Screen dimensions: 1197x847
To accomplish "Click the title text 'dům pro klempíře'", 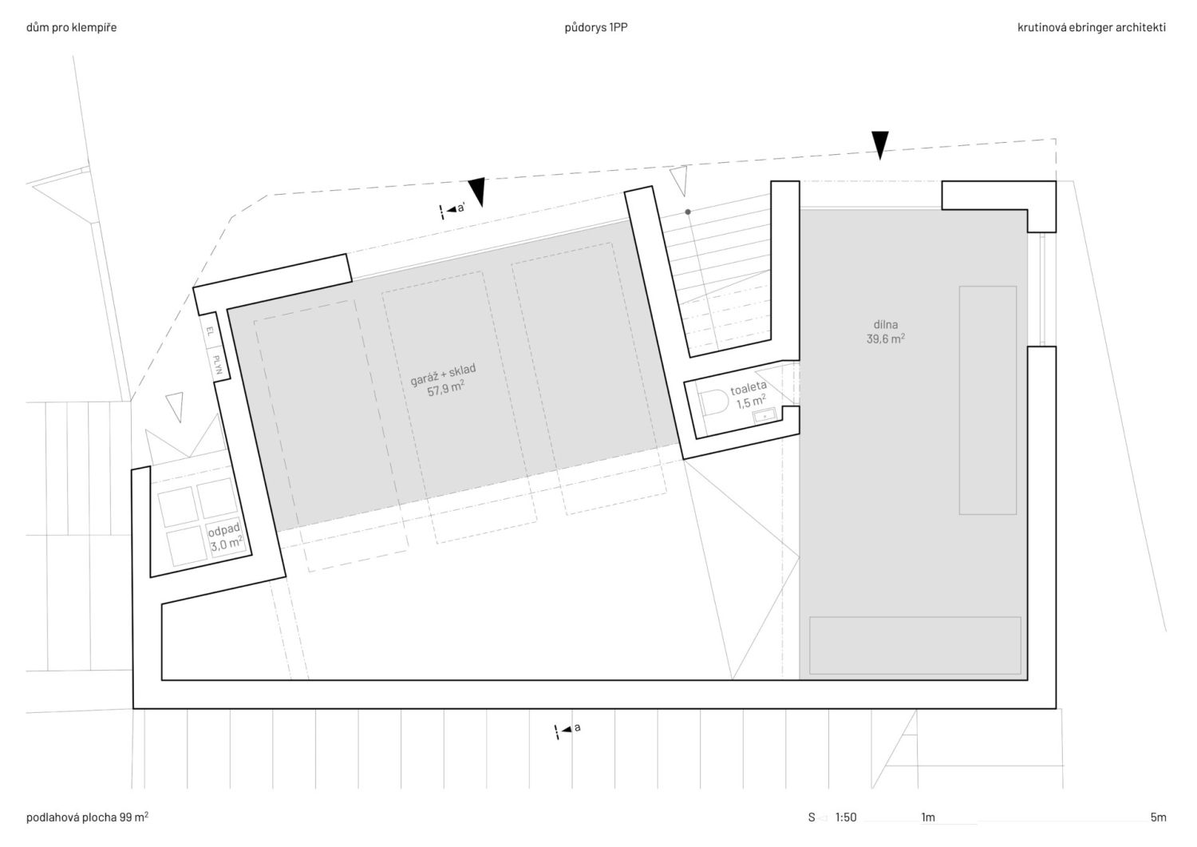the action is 71,27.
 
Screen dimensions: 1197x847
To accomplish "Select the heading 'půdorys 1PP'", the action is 596,27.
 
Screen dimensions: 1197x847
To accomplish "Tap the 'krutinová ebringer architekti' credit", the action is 1092,27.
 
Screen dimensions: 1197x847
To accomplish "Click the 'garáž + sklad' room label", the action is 443,374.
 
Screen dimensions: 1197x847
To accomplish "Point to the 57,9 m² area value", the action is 445,389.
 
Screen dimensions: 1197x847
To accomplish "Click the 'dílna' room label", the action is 886,324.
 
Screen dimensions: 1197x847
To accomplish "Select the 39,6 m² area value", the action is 886,338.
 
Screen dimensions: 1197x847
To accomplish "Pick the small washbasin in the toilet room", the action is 764,415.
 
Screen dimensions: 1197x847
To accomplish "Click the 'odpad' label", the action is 224,530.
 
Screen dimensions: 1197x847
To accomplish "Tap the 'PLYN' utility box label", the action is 217,365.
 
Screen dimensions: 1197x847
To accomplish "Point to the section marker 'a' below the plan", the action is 567,730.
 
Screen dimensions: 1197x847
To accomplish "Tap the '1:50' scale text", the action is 846,817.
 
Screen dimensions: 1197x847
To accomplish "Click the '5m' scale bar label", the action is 1159,817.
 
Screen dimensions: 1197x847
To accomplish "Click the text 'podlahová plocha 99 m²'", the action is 87,817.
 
